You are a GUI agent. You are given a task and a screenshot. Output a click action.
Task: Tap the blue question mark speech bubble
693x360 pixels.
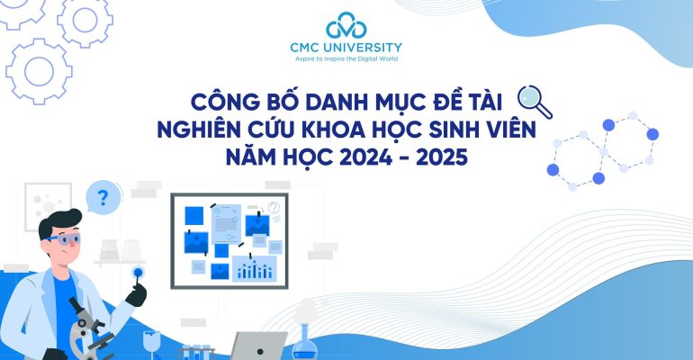[103, 197]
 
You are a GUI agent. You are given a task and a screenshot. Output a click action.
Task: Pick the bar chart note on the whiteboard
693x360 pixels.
[254, 266]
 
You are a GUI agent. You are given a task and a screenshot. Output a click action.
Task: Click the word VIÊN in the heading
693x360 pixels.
[506, 130]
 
